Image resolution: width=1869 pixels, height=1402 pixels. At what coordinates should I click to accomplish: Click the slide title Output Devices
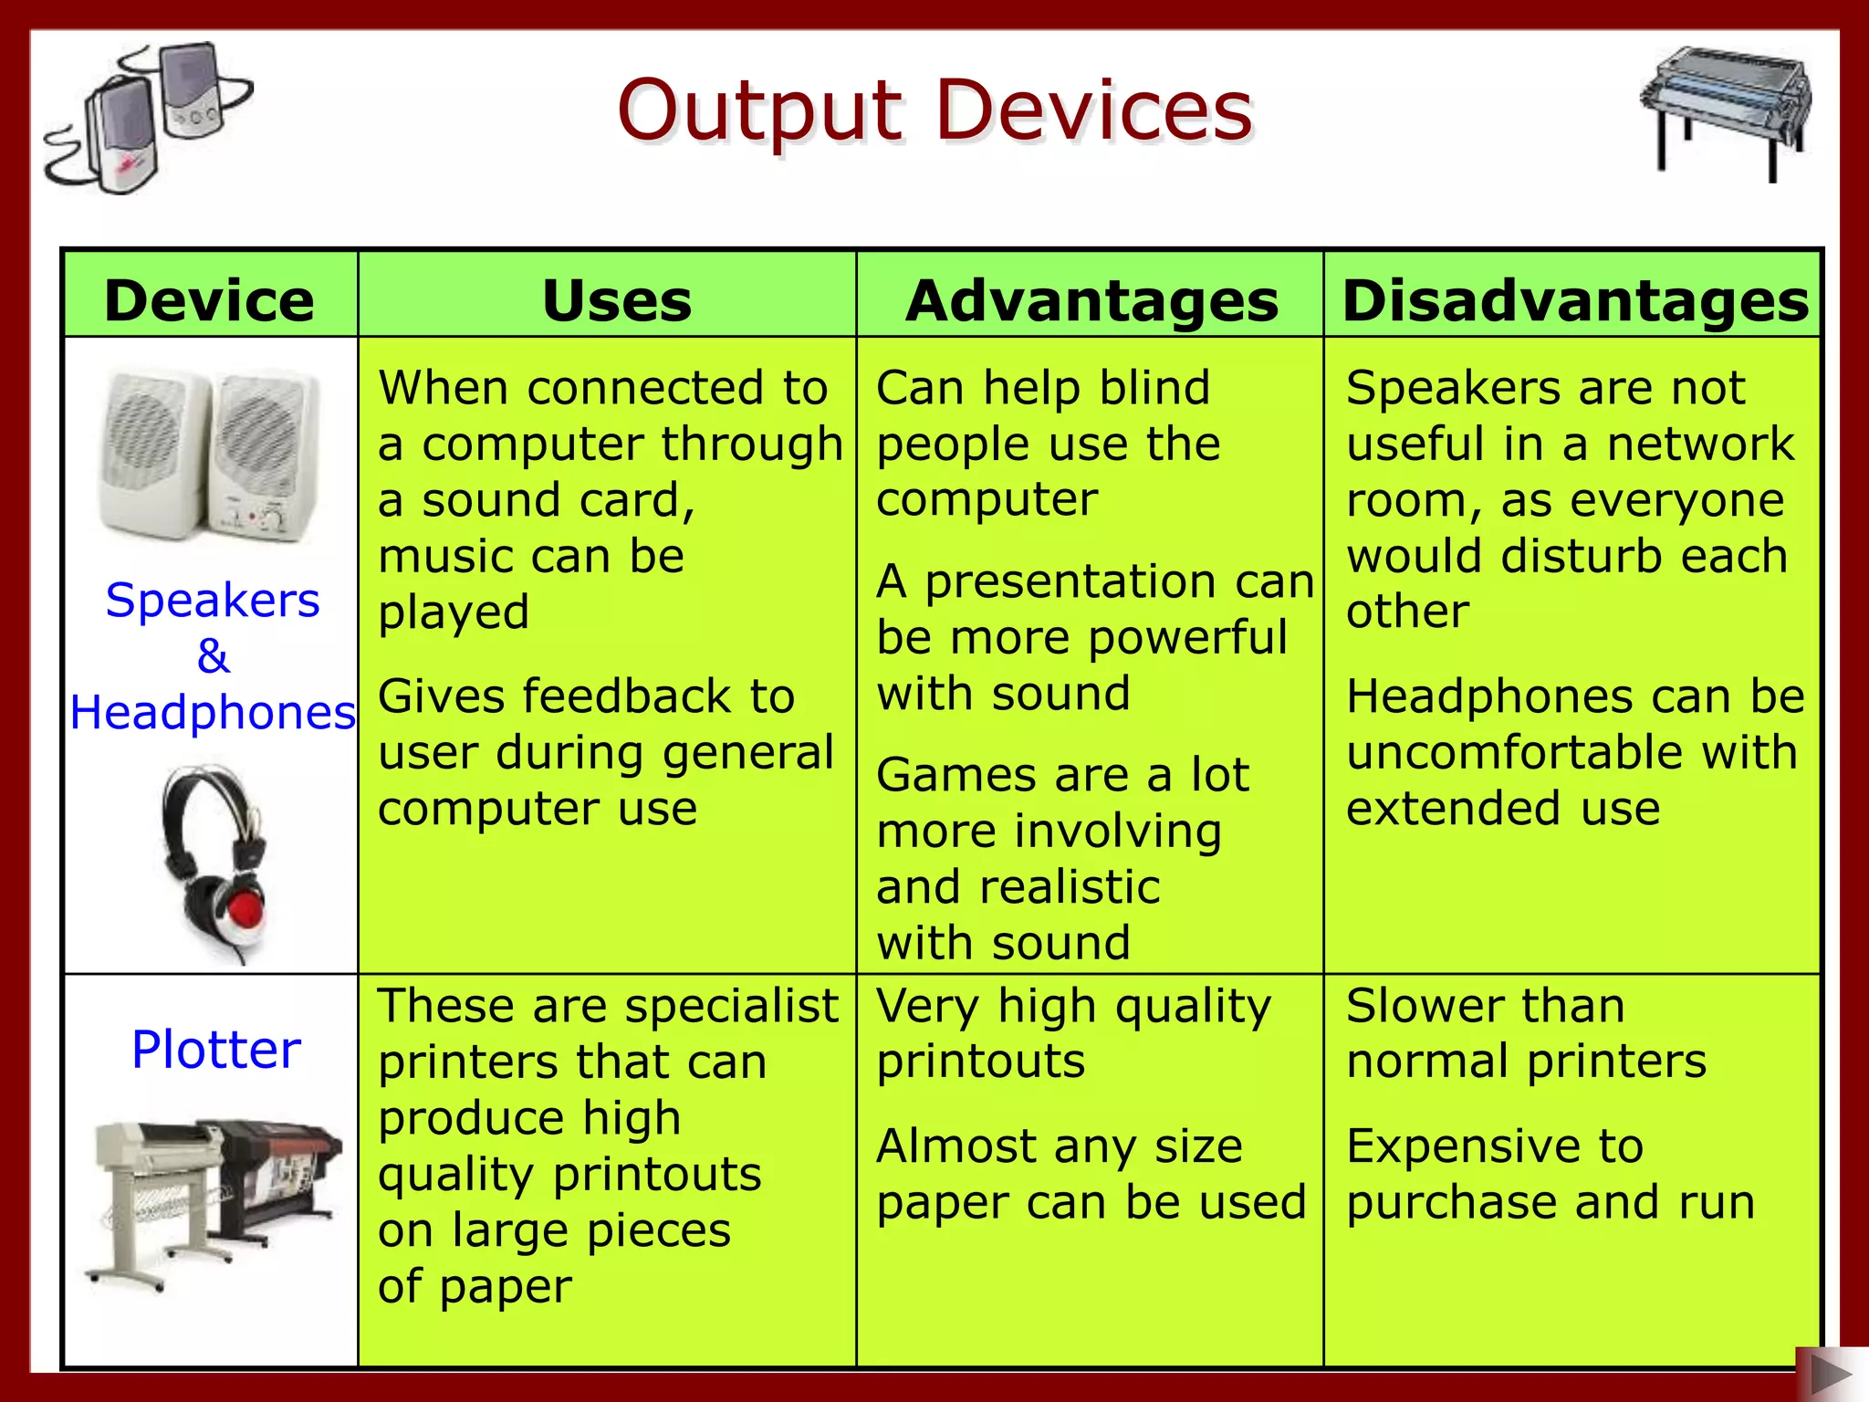(x=934, y=111)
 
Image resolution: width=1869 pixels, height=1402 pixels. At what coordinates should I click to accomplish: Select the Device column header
(x=209, y=300)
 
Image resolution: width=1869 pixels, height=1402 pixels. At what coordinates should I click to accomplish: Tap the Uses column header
(x=616, y=300)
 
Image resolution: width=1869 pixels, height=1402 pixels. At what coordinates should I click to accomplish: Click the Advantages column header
(x=1091, y=300)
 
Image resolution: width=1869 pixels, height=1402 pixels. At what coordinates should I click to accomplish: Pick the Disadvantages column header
(x=1575, y=300)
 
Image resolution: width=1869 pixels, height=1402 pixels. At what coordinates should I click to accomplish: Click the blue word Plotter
(x=215, y=1049)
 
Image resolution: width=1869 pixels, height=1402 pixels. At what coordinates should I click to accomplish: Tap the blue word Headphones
(x=212, y=712)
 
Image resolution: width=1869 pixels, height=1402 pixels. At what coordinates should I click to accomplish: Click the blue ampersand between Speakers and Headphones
(x=213, y=655)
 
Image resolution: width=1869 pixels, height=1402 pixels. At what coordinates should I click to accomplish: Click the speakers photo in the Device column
(x=210, y=454)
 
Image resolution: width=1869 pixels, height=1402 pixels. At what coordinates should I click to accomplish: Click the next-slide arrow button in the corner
(x=1830, y=1374)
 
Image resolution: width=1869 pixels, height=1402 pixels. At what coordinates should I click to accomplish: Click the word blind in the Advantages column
(x=1154, y=388)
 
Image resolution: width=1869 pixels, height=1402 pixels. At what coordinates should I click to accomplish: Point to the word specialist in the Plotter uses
(x=731, y=1007)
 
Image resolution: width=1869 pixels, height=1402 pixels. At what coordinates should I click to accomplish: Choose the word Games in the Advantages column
(x=957, y=776)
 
